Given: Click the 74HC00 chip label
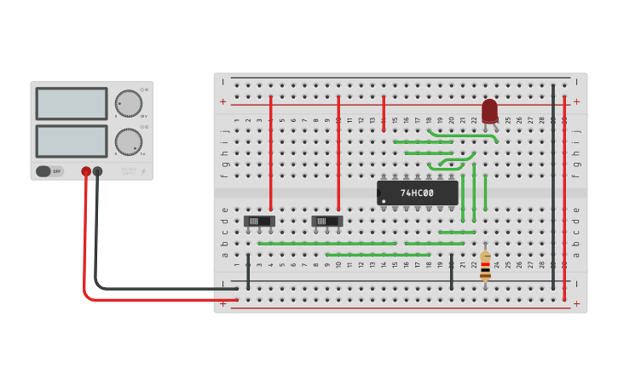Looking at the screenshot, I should click(x=417, y=193).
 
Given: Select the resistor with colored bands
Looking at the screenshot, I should click(x=485, y=266).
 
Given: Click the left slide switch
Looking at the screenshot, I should click(x=259, y=222).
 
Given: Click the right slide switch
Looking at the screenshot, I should click(x=326, y=222).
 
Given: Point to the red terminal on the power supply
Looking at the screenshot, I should click(x=86, y=171).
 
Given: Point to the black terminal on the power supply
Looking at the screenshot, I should click(x=98, y=171).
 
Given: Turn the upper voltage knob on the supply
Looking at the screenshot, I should click(x=129, y=102).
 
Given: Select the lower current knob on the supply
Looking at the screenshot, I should click(x=129, y=141).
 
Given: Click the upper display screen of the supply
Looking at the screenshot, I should click(x=72, y=104).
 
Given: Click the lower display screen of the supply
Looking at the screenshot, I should click(x=72, y=141).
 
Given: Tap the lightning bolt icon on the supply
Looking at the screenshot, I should click(x=143, y=171).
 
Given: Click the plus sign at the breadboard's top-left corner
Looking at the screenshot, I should click(x=223, y=101).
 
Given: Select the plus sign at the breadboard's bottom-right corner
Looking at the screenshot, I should click(x=576, y=303).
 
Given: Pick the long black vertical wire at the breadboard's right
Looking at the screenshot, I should click(x=552, y=187).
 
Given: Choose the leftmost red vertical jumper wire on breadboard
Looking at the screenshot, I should click(x=271, y=153).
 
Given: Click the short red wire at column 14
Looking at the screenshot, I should click(x=384, y=113).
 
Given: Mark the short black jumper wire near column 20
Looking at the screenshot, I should click(x=452, y=272).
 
